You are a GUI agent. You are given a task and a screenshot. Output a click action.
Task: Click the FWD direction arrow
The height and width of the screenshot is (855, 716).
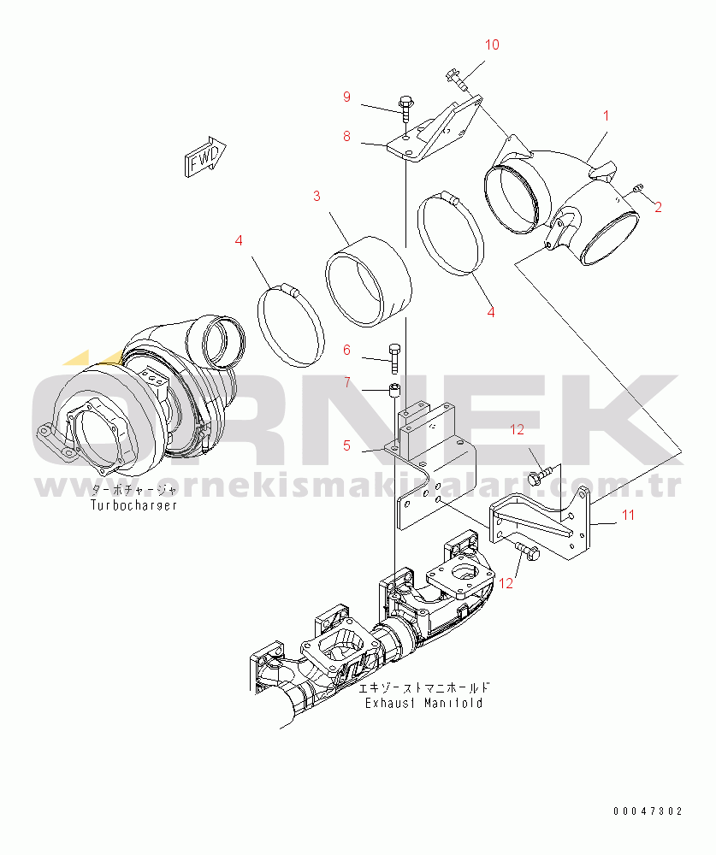tap(205, 156)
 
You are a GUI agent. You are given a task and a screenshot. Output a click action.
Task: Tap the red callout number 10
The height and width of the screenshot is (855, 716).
tap(492, 44)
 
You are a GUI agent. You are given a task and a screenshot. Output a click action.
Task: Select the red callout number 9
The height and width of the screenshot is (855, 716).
tap(347, 97)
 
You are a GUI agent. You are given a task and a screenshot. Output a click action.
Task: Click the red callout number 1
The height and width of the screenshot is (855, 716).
tap(606, 115)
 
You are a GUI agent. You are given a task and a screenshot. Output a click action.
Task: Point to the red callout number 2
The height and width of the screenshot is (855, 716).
tap(658, 207)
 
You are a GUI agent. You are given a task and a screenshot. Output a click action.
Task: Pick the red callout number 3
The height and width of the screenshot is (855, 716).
tap(317, 197)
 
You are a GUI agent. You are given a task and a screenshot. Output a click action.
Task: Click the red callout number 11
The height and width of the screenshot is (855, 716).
tap(628, 515)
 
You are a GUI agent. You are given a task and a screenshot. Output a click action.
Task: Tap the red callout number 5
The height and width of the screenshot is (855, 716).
tap(347, 445)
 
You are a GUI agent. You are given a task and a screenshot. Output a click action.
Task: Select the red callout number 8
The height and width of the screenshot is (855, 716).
tap(347, 136)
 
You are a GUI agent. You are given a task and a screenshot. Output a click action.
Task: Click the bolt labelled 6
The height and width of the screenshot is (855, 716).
tap(394, 359)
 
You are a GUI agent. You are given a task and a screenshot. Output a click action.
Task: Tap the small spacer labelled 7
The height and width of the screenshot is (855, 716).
tap(394, 391)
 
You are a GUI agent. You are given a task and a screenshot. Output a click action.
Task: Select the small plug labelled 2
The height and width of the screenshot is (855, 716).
tap(636, 188)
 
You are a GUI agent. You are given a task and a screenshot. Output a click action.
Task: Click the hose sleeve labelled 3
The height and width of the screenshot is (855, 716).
tap(369, 282)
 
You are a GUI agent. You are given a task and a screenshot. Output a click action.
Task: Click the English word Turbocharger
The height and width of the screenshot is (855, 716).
tap(133, 505)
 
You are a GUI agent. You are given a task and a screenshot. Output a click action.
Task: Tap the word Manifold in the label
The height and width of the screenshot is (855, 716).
tap(453, 704)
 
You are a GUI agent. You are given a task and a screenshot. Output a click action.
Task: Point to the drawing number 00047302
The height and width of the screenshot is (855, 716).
tap(648, 811)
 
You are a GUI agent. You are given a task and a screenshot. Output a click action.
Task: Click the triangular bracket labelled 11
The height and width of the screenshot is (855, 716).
tap(540, 523)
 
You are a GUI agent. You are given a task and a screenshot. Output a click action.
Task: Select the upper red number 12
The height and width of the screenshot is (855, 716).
tap(517, 430)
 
